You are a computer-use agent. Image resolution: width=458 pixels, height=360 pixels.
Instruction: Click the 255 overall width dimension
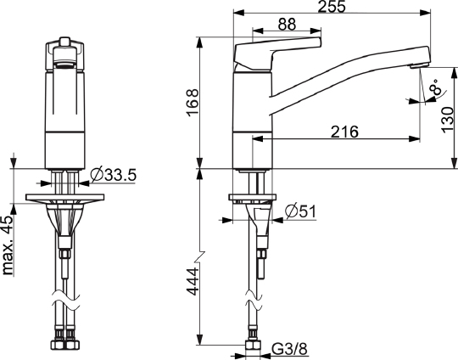pyautogui.click(x=332, y=7)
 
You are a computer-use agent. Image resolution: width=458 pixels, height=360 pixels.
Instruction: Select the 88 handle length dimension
pyautogui.click(x=287, y=25)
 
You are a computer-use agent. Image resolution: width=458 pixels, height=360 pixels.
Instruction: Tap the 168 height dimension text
pyautogui.click(x=193, y=103)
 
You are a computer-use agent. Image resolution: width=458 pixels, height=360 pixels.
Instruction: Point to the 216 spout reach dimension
pyautogui.click(x=344, y=132)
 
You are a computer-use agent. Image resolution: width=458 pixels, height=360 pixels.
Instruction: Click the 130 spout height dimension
pyautogui.click(x=448, y=120)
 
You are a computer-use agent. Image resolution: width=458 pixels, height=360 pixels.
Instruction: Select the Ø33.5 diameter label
pyautogui.click(x=114, y=175)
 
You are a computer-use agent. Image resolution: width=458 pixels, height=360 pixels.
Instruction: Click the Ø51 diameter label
pyautogui.click(x=300, y=211)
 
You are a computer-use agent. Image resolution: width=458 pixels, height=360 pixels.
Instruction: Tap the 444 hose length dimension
pyautogui.click(x=193, y=281)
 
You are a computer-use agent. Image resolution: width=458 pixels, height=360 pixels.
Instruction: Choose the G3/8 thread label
pyautogui.click(x=289, y=349)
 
